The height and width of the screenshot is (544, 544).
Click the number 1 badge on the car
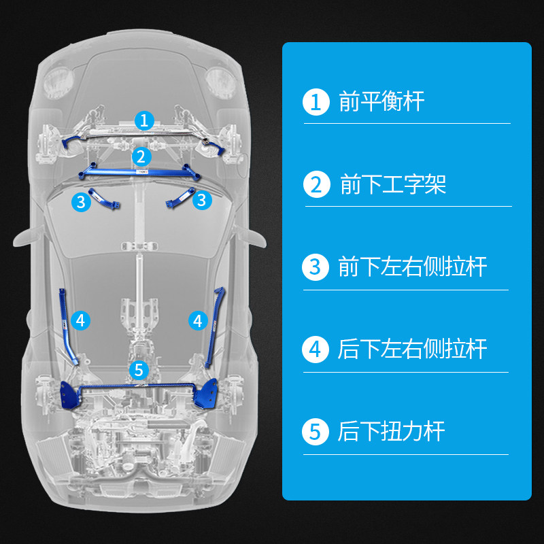(143, 120)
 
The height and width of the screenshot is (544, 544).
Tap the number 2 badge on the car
(140, 156)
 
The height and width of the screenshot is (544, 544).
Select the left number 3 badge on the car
(81, 201)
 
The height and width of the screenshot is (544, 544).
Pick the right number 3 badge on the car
(201, 200)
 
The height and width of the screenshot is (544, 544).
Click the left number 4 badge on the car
(80, 320)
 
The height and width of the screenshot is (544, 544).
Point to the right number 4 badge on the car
(198, 320)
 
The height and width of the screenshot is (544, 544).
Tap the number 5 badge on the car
(139, 370)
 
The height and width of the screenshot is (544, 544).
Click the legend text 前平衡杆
(381, 102)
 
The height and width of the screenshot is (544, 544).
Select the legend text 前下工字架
(393, 184)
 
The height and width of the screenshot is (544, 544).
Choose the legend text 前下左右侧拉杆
(413, 267)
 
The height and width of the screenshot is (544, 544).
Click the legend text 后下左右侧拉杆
(413, 350)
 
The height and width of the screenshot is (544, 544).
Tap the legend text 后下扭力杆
(391, 432)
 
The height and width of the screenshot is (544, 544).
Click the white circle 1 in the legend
(315, 102)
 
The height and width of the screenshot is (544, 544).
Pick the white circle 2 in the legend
(316, 184)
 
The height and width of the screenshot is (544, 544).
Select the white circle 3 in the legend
(315, 267)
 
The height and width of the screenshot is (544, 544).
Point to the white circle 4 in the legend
(315, 350)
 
